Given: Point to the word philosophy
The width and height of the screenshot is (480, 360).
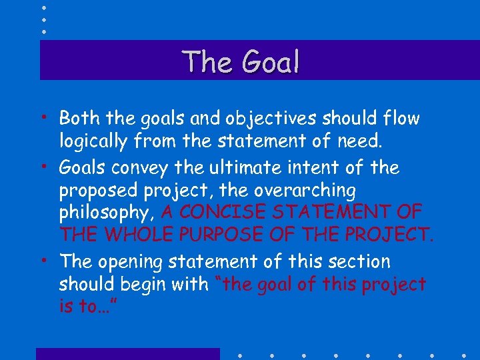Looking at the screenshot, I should point(107,213).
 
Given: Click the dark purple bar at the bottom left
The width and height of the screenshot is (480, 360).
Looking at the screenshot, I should point(127,354).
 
